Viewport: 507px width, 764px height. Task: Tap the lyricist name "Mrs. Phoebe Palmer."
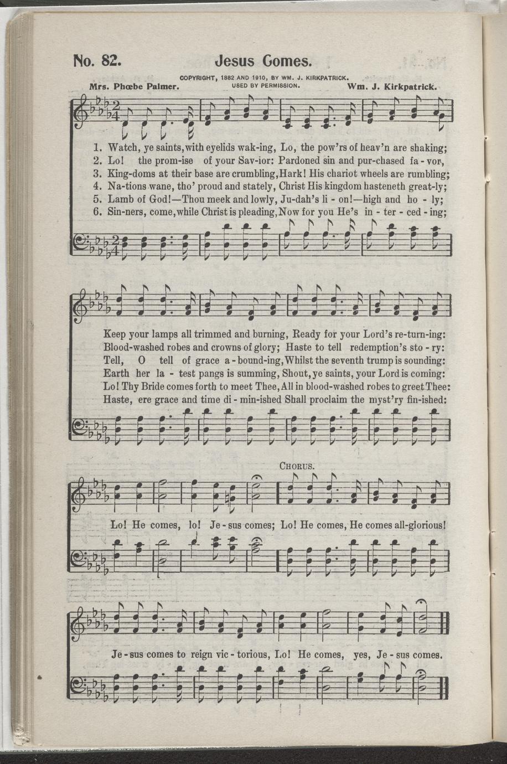[132, 87]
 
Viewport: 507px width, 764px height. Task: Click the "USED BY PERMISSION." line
[265, 86]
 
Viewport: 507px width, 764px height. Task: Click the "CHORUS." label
[297, 465]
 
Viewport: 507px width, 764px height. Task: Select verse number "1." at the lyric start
[99, 148]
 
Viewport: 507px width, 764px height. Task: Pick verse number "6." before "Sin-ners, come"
[99, 211]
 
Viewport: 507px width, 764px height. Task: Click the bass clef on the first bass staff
[81, 241]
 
